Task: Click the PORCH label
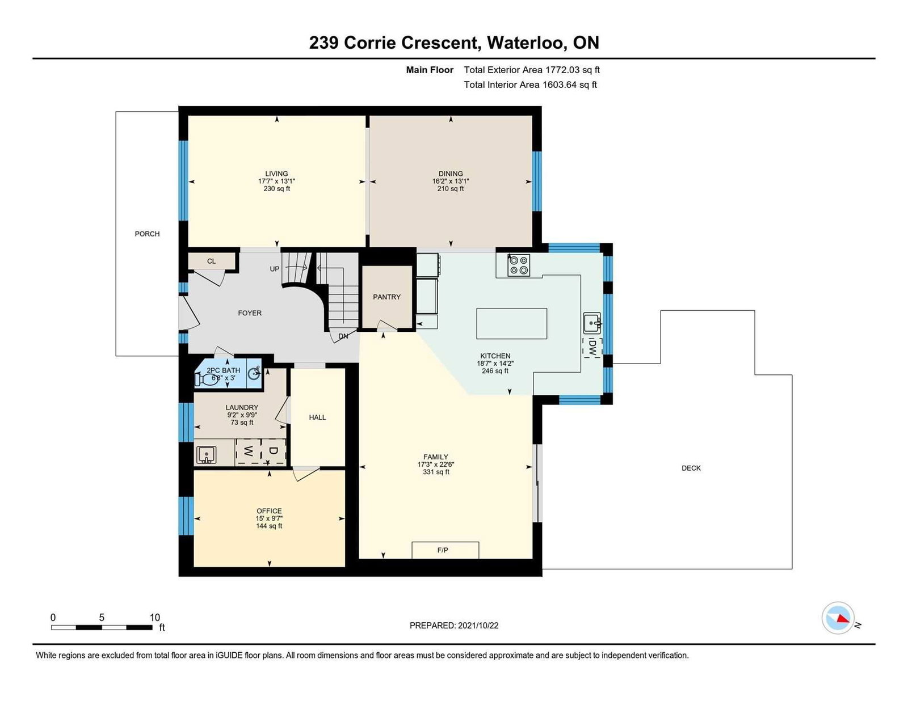(x=147, y=234)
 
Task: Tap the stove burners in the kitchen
(x=519, y=265)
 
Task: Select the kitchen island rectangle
(x=511, y=324)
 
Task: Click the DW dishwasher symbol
(x=592, y=347)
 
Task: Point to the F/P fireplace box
(x=445, y=550)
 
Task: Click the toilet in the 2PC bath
(x=204, y=379)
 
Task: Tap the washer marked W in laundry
(x=248, y=452)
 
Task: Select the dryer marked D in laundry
(x=274, y=452)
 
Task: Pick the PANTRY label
(x=386, y=297)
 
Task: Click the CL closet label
(x=212, y=261)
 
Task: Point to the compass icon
(x=838, y=618)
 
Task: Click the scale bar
(x=102, y=627)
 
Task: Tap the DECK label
(x=691, y=468)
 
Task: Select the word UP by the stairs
(x=275, y=269)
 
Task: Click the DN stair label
(x=343, y=336)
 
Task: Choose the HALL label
(x=318, y=417)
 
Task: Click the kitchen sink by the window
(x=592, y=323)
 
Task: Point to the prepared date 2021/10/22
(x=478, y=626)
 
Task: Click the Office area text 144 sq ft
(x=269, y=526)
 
